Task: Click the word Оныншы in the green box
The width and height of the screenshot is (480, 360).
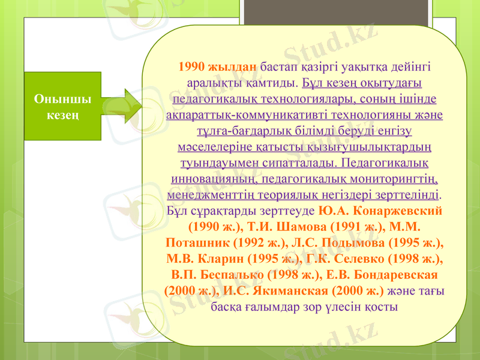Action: (x=58, y=99)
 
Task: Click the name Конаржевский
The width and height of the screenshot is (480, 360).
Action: (x=398, y=212)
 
